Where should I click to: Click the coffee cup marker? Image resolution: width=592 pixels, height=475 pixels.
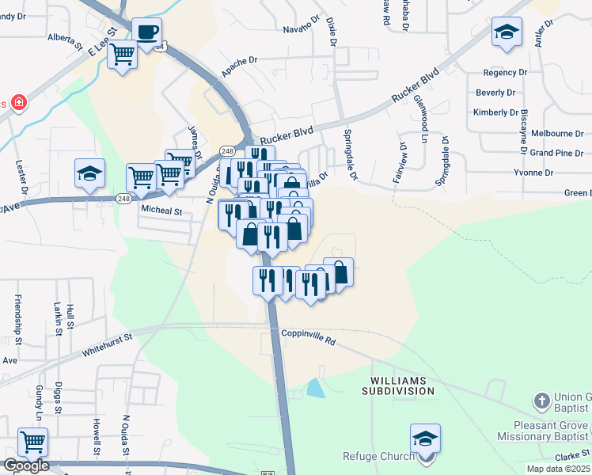coord(146,32)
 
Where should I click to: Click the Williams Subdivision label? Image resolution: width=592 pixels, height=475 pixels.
coord(399,386)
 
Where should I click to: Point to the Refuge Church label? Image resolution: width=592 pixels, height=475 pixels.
coord(378,456)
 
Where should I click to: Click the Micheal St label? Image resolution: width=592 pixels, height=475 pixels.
coord(161,211)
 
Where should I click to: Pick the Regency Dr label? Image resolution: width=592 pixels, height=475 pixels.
coord(505,72)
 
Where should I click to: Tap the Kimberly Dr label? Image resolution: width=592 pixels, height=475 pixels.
coord(495,112)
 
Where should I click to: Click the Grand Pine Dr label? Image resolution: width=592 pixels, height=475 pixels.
coord(556,153)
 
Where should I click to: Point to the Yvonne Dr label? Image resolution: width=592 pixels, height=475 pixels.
coord(533,173)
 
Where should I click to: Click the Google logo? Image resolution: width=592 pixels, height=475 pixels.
coord(25,465)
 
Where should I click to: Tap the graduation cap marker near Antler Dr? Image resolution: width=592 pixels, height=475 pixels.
coord(507,33)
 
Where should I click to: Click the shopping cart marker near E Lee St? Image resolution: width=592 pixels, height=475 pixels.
coord(122,55)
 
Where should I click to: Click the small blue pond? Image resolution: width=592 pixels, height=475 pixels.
coord(315,388)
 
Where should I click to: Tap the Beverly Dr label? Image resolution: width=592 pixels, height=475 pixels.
coord(495,93)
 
